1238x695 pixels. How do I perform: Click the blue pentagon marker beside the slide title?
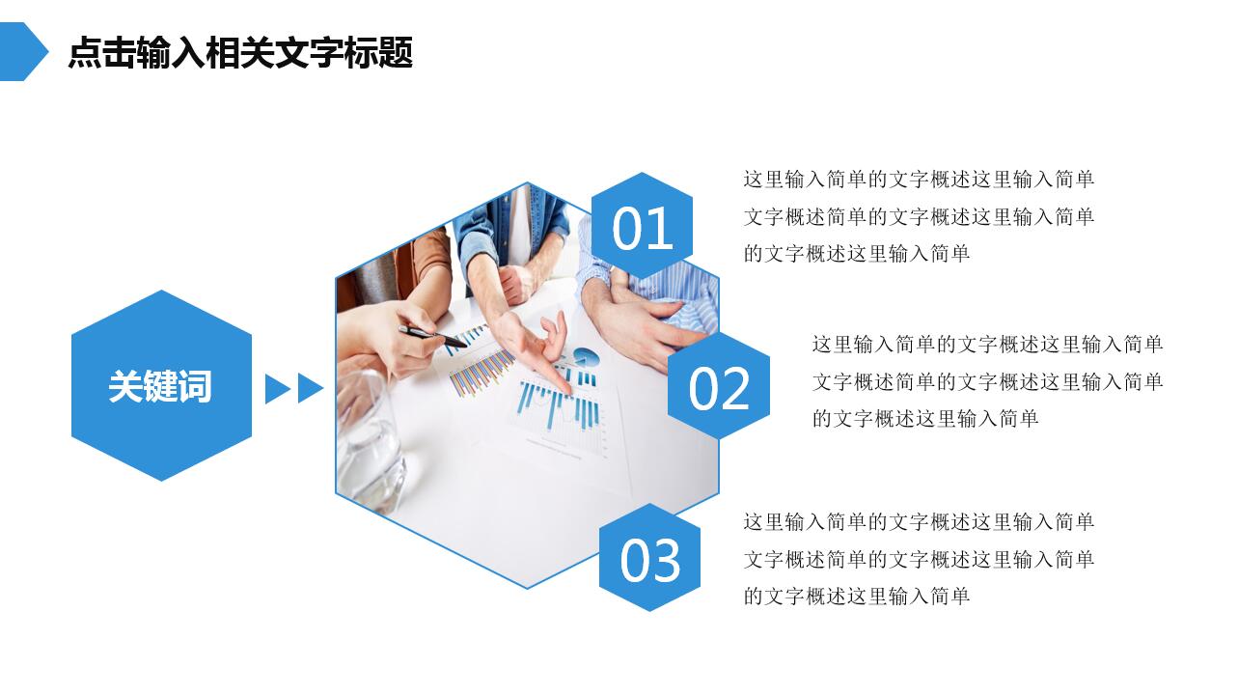pyautogui.click(x=21, y=52)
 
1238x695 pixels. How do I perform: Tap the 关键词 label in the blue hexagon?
pyautogui.click(x=160, y=386)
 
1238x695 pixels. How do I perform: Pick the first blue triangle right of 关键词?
pyautogui.click(x=277, y=388)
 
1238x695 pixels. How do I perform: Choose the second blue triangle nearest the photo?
pyautogui.click(x=310, y=388)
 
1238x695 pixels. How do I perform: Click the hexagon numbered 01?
pyautogui.click(x=642, y=228)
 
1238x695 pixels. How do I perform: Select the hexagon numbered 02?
pyautogui.click(x=719, y=387)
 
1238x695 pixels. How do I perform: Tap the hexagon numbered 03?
pyautogui.click(x=649, y=559)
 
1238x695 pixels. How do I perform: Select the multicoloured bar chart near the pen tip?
pyautogui.click(x=481, y=371)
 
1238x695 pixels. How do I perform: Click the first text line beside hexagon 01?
pyautogui.click(x=919, y=180)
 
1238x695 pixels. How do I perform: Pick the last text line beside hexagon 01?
pyautogui.click(x=856, y=254)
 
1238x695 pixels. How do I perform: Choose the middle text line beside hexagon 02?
pyautogui.click(x=987, y=381)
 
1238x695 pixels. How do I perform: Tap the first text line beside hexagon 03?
pyautogui.click(x=919, y=522)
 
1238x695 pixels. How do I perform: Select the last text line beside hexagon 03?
pyautogui.click(x=856, y=597)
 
